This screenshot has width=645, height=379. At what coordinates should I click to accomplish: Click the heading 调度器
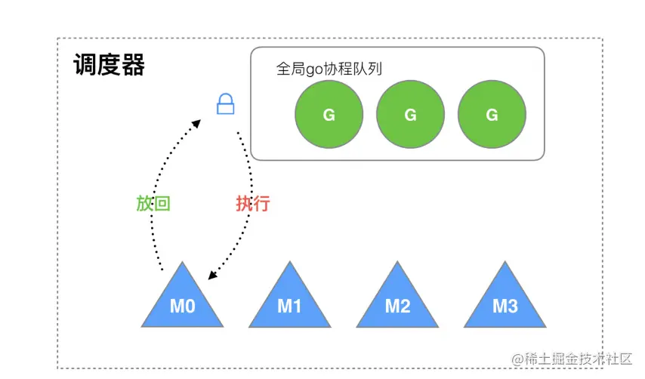click(x=109, y=66)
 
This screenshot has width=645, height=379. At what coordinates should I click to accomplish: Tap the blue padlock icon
click(x=224, y=104)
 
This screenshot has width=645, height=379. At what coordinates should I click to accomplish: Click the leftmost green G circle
click(x=329, y=115)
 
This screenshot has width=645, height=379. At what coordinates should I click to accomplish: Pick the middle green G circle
click(x=410, y=115)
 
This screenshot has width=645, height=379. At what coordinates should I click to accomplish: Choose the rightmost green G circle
click(x=492, y=115)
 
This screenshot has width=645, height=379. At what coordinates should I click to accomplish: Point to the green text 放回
click(x=153, y=204)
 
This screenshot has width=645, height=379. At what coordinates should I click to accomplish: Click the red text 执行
click(x=252, y=204)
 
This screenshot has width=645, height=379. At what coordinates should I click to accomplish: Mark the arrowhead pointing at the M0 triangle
click(x=213, y=276)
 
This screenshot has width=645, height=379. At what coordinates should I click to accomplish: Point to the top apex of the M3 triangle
click(x=505, y=263)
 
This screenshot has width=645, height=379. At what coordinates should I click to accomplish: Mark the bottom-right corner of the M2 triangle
click(x=437, y=326)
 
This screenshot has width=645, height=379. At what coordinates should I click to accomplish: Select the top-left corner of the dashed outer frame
click(x=58, y=39)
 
